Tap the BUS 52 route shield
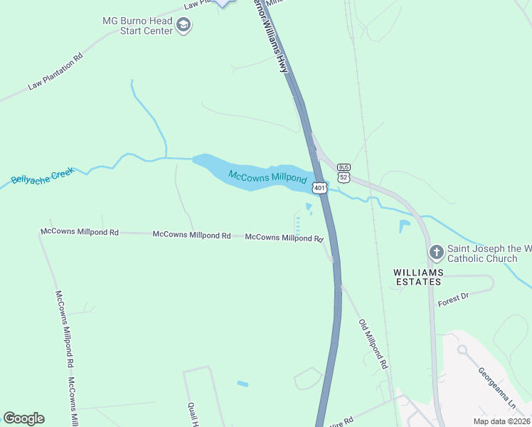click(x=344, y=173)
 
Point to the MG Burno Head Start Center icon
click(x=184, y=26)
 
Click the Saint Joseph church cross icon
click(x=437, y=252)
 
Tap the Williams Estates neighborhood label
click(x=420, y=277)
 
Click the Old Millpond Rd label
click(x=373, y=343)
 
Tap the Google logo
click(x=23, y=418)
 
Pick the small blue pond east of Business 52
click(x=404, y=226)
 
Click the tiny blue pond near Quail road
click(x=243, y=384)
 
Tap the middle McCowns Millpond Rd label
click(x=191, y=234)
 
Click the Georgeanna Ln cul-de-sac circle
click(x=462, y=349)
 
